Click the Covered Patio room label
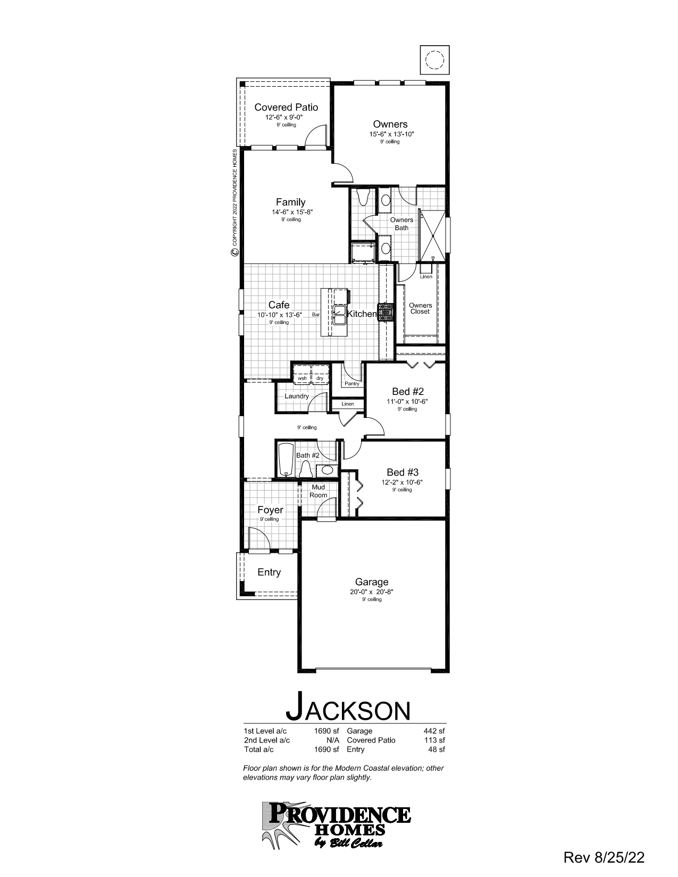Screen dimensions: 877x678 click(286, 107)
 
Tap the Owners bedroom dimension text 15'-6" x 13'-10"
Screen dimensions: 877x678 click(391, 134)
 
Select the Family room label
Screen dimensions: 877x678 click(291, 202)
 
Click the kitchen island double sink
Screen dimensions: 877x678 click(339, 314)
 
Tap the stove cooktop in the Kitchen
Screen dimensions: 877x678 click(386, 312)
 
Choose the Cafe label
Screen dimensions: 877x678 click(279, 305)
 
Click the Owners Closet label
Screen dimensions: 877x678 click(420, 308)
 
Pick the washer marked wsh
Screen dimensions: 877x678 click(302, 374)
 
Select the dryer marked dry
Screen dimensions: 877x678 click(320, 374)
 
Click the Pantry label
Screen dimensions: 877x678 click(352, 383)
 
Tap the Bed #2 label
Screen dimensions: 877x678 click(408, 392)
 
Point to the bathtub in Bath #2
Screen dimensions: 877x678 click(286, 460)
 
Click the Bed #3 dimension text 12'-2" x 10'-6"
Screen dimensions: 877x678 click(402, 482)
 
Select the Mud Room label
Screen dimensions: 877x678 click(319, 491)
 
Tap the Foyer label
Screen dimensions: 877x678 click(270, 510)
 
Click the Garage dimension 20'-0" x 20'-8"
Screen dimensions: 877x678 click(372, 592)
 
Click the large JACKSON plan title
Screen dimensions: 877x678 click(348, 708)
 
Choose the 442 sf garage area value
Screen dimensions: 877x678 click(434, 731)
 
